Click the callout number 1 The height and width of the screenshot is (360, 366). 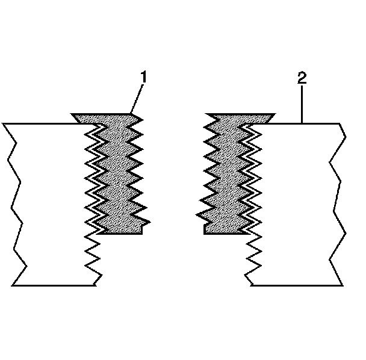(x=143, y=78)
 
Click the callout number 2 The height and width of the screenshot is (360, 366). (x=302, y=78)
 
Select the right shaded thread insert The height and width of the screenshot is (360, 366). (x=226, y=175)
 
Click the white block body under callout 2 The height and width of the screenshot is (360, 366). (x=295, y=205)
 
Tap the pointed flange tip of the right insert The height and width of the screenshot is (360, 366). (x=274, y=114)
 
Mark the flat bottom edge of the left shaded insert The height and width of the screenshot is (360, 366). (x=120, y=234)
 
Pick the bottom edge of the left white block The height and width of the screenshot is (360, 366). (x=54, y=285)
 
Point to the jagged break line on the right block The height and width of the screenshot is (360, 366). (x=337, y=205)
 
